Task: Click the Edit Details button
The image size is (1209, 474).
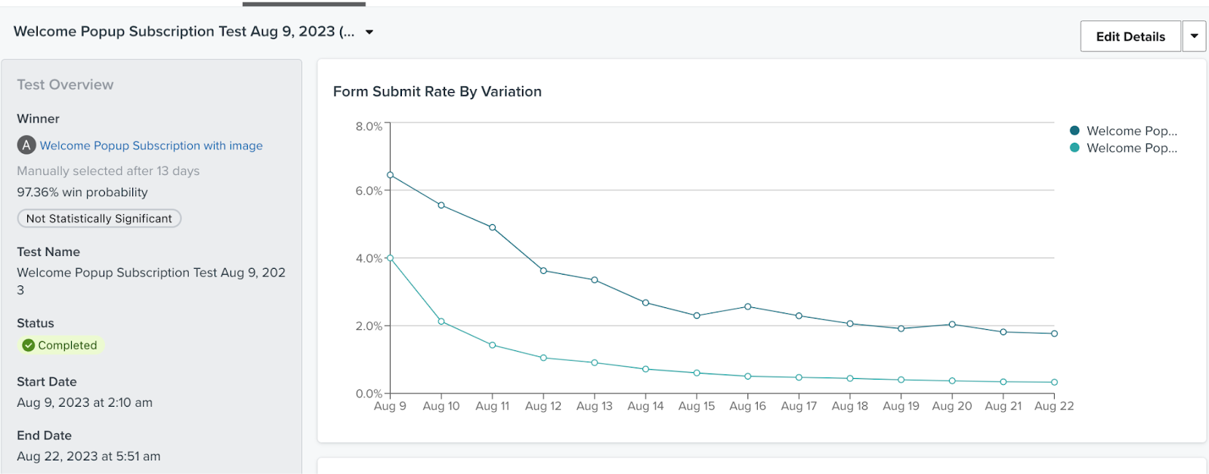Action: (x=1130, y=36)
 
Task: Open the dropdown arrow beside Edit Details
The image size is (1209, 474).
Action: (x=1194, y=36)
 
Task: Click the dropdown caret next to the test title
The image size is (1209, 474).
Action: (x=370, y=32)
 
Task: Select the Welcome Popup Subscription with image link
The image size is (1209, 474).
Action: (x=151, y=146)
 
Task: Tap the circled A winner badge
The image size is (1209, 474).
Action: (x=26, y=145)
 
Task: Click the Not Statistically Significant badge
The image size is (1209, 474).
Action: (x=99, y=219)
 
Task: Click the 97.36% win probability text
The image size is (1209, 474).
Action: (x=82, y=192)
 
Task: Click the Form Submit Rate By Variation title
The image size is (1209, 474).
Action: (x=437, y=91)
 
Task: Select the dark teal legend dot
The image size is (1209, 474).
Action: (x=1074, y=131)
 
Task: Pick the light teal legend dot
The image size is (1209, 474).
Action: (x=1074, y=148)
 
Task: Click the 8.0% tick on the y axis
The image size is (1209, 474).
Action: (x=369, y=126)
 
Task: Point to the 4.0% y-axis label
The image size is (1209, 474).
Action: (x=369, y=258)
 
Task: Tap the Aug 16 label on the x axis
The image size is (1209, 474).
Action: (x=747, y=406)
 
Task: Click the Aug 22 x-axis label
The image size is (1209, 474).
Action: (x=1053, y=406)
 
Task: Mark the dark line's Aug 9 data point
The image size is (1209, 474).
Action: (x=390, y=175)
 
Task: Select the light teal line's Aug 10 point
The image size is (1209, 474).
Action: (x=441, y=322)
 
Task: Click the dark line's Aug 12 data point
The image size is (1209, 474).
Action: (x=543, y=270)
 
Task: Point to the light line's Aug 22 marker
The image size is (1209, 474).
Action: (x=1054, y=382)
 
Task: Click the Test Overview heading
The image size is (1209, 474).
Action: (x=65, y=85)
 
